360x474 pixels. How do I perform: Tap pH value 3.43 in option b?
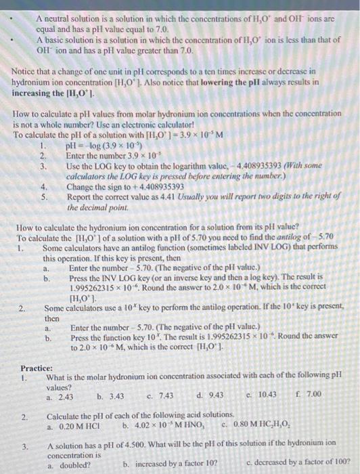coord(114,394)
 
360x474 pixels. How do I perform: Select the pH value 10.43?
coord(267,394)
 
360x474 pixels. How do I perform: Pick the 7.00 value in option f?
coord(312,394)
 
